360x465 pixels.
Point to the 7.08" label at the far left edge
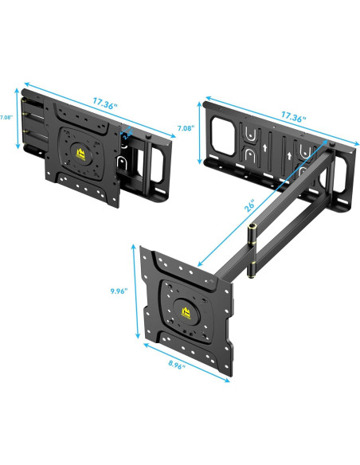(x=6, y=117)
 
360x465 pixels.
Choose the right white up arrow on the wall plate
(x=305, y=170)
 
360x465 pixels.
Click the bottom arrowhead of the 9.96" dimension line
(x=135, y=335)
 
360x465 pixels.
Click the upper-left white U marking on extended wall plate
(x=251, y=132)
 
